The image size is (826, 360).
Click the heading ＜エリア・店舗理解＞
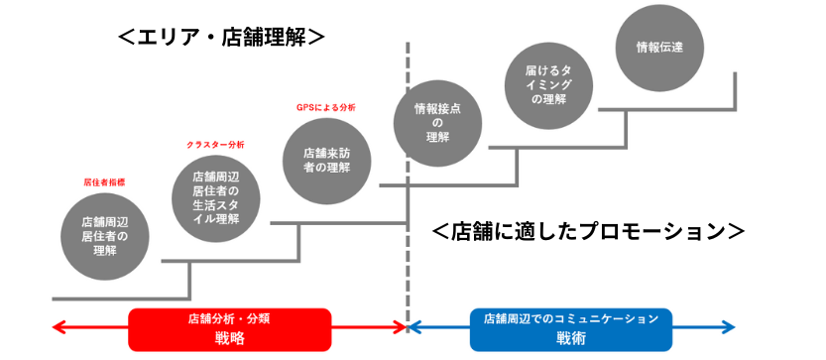[x=221, y=37]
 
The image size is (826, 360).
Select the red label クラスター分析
[x=215, y=145]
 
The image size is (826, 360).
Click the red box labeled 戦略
[x=229, y=328]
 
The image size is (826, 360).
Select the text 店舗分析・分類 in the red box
[x=229, y=319]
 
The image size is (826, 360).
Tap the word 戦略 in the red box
[x=229, y=338]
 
